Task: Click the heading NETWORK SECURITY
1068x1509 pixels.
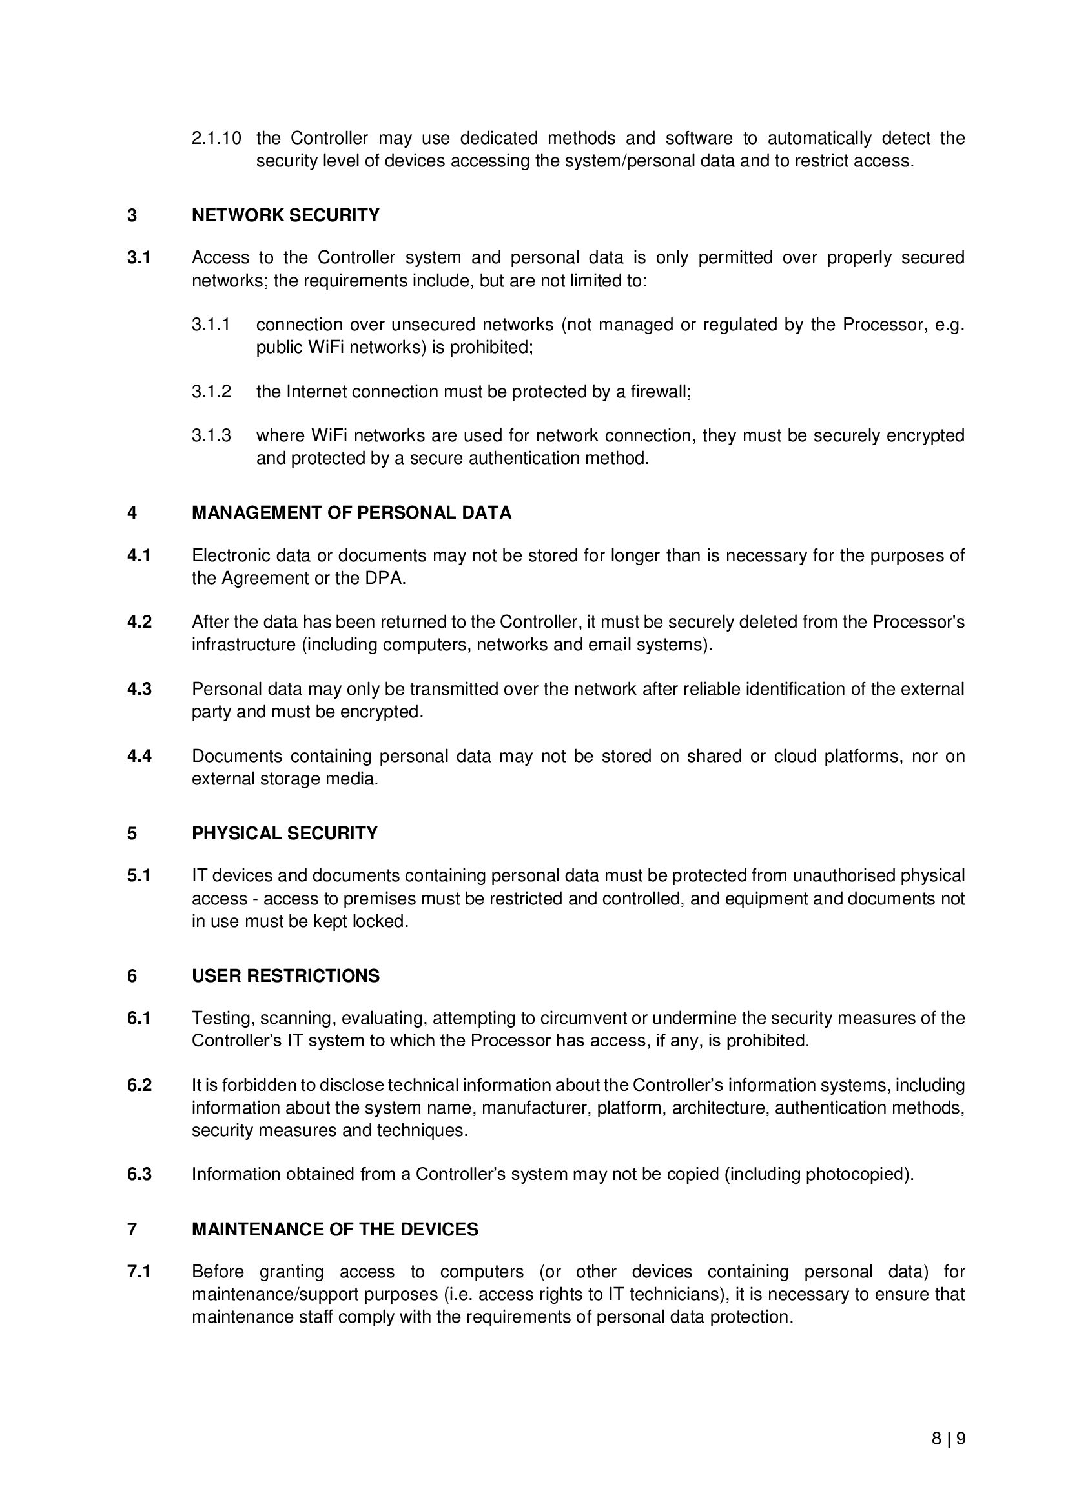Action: [285, 215]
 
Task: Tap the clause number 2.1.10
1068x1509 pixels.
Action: [216, 139]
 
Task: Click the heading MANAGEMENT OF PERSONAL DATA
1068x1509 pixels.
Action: [351, 513]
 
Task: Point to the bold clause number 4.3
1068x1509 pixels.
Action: [139, 689]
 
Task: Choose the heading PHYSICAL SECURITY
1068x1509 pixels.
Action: [285, 834]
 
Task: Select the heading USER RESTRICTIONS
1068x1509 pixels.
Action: [285, 976]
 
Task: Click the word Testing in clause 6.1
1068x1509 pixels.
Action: [222, 1018]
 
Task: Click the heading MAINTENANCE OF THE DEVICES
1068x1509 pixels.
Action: [334, 1230]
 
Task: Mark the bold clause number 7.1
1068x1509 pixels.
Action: [139, 1272]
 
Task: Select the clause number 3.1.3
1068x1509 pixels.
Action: [211, 435]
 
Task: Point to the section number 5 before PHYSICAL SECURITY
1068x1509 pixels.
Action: [132, 834]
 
